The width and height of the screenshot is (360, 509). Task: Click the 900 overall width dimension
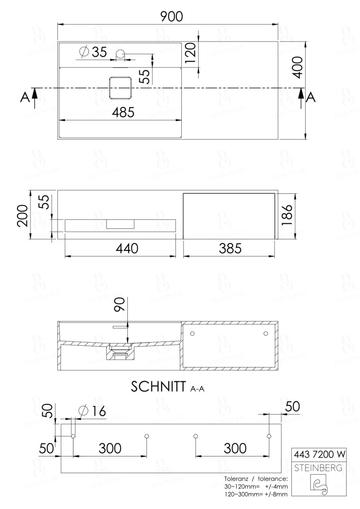(172, 17)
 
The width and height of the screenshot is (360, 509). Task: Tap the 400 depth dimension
(298, 67)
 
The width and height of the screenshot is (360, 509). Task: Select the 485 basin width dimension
(123, 112)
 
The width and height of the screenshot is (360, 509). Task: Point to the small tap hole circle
(121, 53)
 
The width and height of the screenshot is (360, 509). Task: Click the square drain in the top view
(120, 88)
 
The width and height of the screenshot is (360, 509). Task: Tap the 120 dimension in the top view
(191, 53)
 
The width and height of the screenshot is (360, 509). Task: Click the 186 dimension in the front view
(287, 215)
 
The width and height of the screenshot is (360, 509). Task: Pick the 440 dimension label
(127, 249)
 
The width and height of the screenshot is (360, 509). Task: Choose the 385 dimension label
(230, 249)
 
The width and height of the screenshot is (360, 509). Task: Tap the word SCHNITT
(158, 387)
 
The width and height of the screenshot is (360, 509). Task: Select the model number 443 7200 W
(319, 454)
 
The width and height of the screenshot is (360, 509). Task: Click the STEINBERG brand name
(318, 468)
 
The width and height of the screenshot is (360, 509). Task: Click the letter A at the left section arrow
(24, 97)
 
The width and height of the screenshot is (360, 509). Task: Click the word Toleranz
(236, 479)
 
